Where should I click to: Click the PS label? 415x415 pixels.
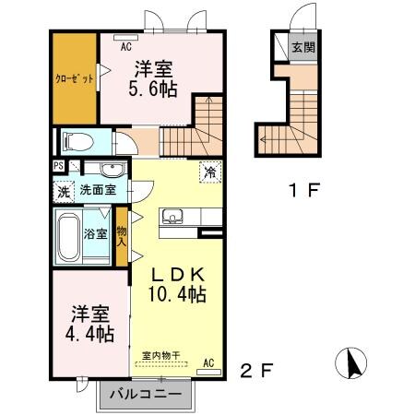click(58, 167)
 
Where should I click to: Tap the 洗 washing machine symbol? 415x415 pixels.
click(63, 192)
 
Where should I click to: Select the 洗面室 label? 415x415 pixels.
click(96, 190)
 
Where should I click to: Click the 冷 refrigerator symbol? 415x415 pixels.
click(209, 172)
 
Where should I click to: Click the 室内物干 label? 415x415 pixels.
click(160, 354)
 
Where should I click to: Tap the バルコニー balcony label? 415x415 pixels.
click(148, 395)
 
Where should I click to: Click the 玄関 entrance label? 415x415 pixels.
click(303, 47)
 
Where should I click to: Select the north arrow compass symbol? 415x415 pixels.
click(352, 365)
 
